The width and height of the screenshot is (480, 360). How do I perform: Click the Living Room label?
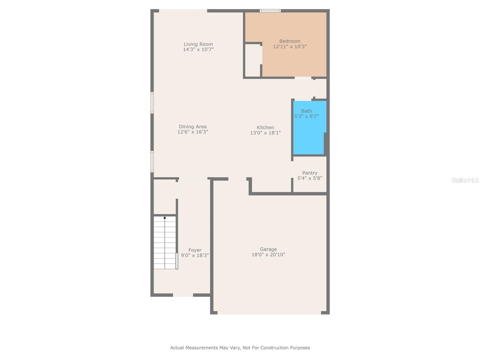click(198, 44)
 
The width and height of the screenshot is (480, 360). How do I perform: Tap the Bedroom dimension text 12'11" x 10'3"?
click(290, 46)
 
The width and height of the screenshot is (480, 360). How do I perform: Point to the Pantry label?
click(310, 173)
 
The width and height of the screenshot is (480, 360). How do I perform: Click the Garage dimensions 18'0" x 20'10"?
click(268, 255)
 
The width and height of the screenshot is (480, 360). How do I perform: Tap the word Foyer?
click(195, 250)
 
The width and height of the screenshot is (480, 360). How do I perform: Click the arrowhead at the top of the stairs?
click(165, 217)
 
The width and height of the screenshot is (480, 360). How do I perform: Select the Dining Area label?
click(193, 127)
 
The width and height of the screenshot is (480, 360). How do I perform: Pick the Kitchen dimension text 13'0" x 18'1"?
click(265, 133)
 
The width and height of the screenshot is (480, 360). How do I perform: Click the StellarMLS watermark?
click(465, 180)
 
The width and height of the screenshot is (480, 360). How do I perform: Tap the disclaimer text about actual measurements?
click(240, 348)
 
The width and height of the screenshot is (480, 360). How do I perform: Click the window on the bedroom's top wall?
click(270, 11)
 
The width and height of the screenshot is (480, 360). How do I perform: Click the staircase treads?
click(165, 243)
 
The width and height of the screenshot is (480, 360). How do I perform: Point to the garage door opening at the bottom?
click(269, 313)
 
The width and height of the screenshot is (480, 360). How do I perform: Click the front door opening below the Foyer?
click(183, 295)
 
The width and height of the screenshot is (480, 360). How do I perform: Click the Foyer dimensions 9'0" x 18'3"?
click(195, 256)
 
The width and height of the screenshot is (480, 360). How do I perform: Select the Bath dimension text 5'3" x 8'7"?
click(306, 116)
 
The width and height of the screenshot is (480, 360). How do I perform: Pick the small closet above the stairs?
click(165, 197)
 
